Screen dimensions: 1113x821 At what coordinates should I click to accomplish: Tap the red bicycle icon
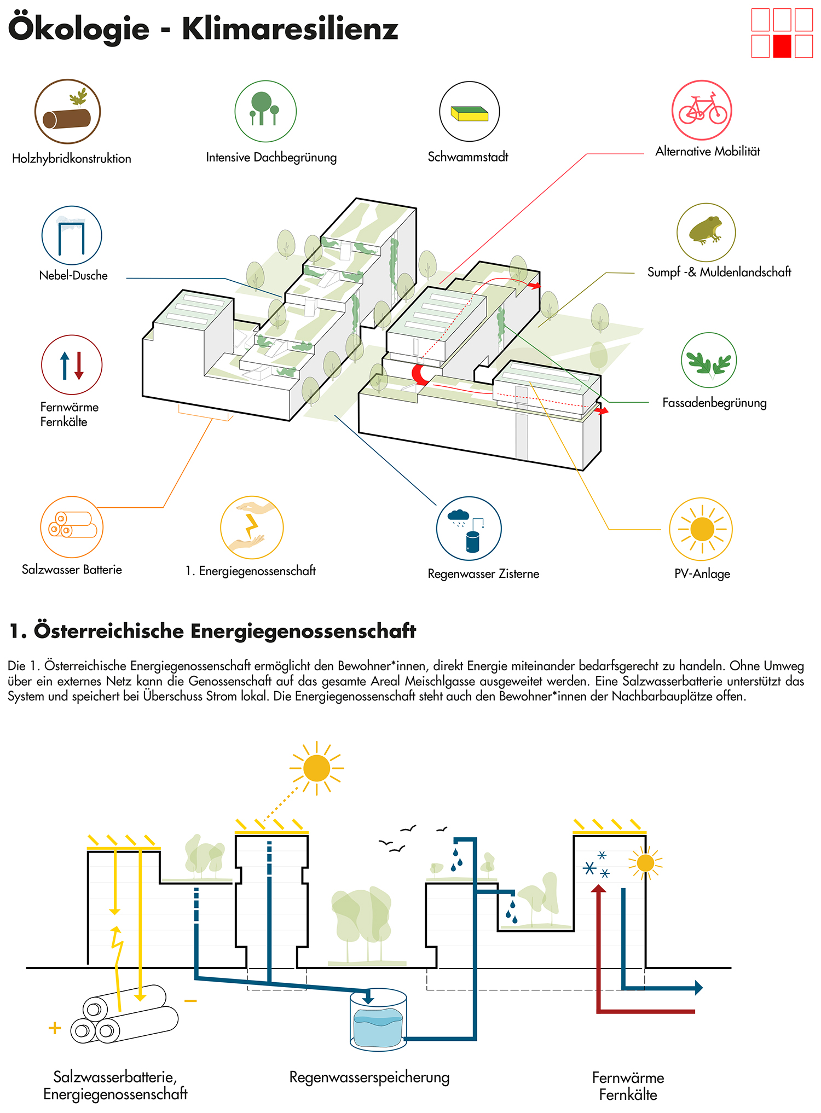(702, 110)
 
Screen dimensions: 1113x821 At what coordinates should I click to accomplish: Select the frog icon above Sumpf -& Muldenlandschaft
(706, 232)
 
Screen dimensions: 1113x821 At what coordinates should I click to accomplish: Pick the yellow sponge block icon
(469, 113)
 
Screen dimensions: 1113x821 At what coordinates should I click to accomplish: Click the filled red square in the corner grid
(782, 47)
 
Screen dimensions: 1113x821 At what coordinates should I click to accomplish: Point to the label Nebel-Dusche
(73, 275)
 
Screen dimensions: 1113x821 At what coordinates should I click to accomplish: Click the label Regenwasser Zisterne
(483, 573)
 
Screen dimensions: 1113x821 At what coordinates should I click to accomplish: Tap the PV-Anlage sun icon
(702, 529)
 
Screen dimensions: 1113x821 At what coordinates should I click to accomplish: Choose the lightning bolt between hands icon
(252, 527)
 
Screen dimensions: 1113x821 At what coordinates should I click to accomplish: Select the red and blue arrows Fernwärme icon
(72, 365)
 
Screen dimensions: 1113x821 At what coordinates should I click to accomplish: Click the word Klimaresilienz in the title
(290, 29)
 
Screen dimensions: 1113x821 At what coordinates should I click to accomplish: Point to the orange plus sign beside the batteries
(55, 1028)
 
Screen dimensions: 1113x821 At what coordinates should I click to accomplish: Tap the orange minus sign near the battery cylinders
(190, 1001)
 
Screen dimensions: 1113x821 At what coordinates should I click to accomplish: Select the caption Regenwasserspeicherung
(369, 1077)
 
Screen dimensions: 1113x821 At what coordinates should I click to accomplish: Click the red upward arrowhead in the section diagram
(599, 889)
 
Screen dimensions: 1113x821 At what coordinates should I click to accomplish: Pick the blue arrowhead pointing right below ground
(698, 988)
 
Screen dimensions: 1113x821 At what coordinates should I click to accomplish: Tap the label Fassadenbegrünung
(714, 403)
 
